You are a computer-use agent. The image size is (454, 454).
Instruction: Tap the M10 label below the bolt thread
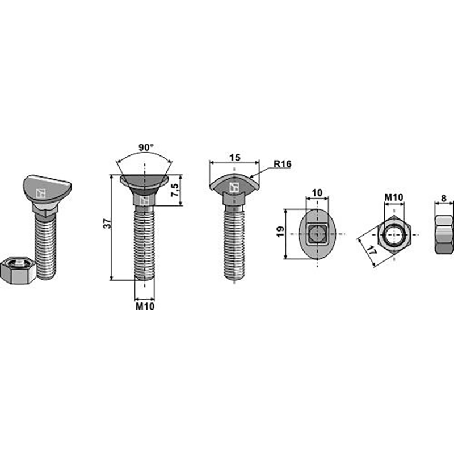(x=145, y=306)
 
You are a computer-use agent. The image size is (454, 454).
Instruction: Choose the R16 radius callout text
(x=282, y=164)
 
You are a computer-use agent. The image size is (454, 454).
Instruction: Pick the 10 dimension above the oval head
(x=317, y=193)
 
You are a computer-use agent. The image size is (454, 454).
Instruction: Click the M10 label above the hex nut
(x=394, y=197)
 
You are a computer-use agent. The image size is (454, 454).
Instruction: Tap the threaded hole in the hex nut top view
(x=394, y=234)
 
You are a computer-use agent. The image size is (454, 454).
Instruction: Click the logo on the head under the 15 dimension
(x=233, y=187)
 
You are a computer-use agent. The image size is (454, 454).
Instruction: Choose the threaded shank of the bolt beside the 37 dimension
(x=144, y=244)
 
